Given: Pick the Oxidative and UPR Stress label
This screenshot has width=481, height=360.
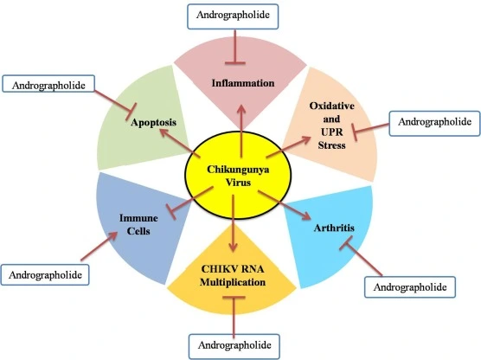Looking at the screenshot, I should pos(328,125).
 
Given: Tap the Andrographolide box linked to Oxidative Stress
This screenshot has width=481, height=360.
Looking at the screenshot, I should pos(433,122).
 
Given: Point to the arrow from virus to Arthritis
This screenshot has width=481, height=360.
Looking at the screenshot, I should pos(285,204).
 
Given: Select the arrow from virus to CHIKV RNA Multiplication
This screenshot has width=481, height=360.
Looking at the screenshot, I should pos(235,222).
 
